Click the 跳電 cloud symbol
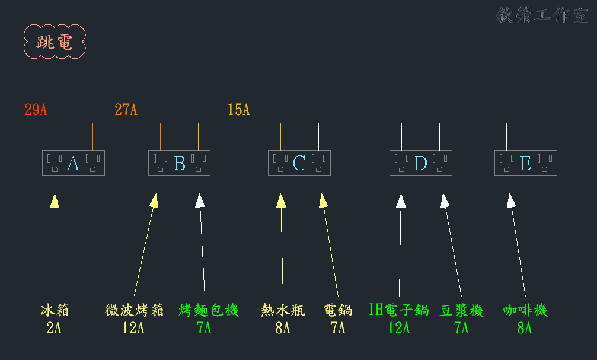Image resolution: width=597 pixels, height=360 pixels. (x=55, y=42)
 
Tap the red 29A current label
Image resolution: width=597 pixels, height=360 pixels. (x=36, y=110)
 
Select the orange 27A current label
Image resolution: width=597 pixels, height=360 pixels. (x=126, y=110)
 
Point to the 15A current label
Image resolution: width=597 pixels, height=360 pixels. (x=239, y=110)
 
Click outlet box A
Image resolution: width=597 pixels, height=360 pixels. (x=73, y=163)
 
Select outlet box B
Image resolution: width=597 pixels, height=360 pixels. (x=179, y=163)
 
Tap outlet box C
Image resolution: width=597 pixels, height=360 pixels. (x=299, y=163)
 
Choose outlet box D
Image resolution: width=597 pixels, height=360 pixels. (x=420, y=163)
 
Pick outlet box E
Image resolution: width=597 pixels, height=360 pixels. (x=525, y=163)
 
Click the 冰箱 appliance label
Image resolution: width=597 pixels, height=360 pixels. (x=55, y=310)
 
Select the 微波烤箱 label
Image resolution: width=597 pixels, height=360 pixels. (x=134, y=310)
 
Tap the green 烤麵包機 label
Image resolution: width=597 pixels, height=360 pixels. (x=209, y=310)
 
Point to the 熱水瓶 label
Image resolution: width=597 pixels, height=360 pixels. (x=283, y=310)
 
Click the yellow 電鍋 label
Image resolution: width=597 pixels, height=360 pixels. (x=338, y=310)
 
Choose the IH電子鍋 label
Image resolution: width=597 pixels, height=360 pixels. (x=398, y=310)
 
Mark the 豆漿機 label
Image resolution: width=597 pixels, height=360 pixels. (x=462, y=310)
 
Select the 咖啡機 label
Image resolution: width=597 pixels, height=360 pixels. (x=525, y=310)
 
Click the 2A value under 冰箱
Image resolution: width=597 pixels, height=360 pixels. (x=54, y=328)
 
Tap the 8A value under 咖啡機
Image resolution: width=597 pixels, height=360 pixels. (x=525, y=328)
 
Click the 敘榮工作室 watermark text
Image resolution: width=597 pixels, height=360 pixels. (x=542, y=15)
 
